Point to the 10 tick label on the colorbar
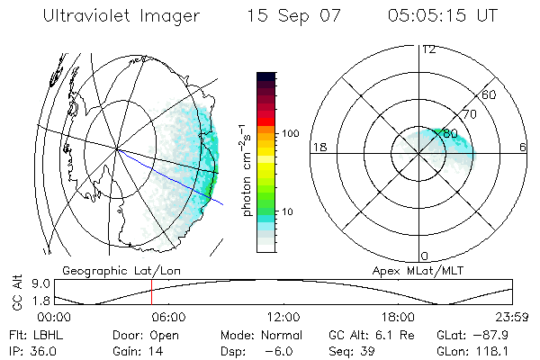(x=289, y=212)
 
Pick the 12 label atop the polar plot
(x=428, y=49)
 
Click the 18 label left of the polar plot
(x=318, y=148)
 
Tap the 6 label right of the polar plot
(x=523, y=148)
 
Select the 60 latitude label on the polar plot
(x=490, y=94)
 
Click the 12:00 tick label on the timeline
(x=283, y=318)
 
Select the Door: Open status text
(x=138, y=334)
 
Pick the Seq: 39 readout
(x=350, y=350)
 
